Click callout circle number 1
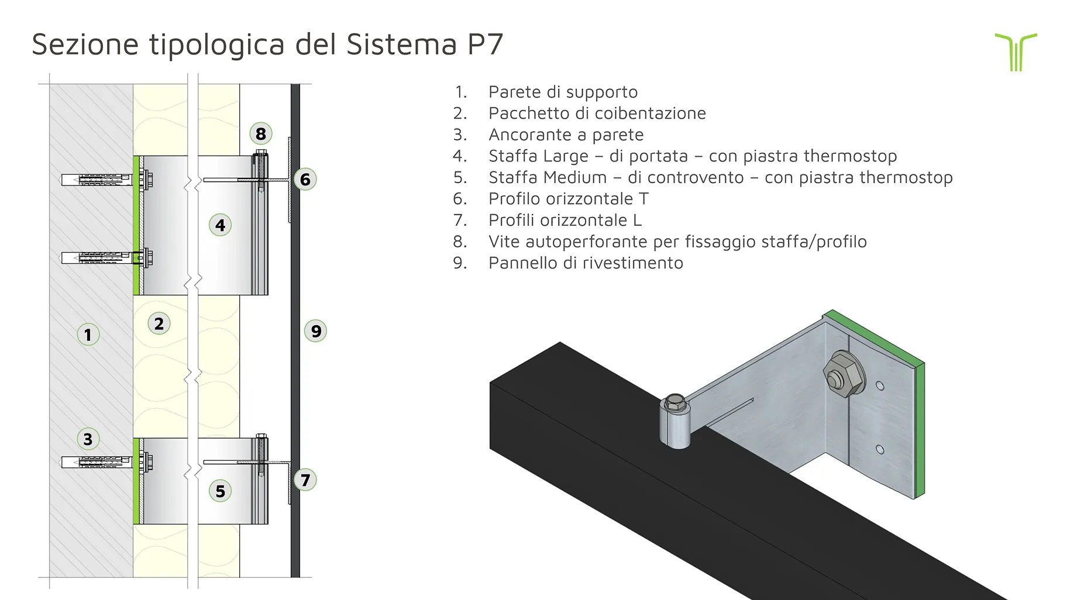[x=88, y=335]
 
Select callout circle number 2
[x=159, y=323]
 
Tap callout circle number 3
[x=88, y=439]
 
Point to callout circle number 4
[x=220, y=225]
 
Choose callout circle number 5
[x=220, y=491]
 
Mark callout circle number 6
[x=305, y=179]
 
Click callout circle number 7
[x=305, y=480]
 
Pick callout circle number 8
[x=261, y=134]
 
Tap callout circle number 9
[x=316, y=331]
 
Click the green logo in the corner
[x=1016, y=51]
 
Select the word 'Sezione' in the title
[x=85, y=44]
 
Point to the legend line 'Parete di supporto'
[x=563, y=92]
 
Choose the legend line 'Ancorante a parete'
[x=566, y=135]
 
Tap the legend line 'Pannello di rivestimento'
[x=586, y=263]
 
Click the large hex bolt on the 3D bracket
[x=843, y=374]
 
